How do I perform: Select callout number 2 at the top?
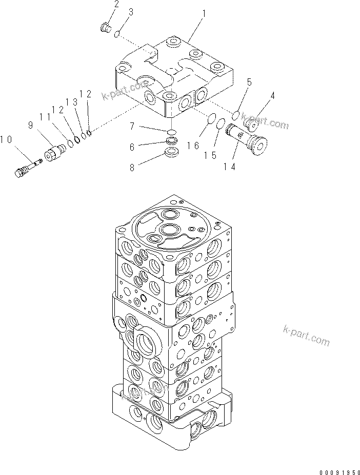pos(116,6)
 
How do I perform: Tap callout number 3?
pos(131,11)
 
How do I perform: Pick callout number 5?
pos(249,82)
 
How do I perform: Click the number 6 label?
pos(132,147)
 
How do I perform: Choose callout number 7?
pos(132,126)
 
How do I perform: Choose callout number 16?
pos(193,146)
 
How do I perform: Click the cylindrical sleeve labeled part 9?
pos(55,152)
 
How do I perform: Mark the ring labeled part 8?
pos(172,152)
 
